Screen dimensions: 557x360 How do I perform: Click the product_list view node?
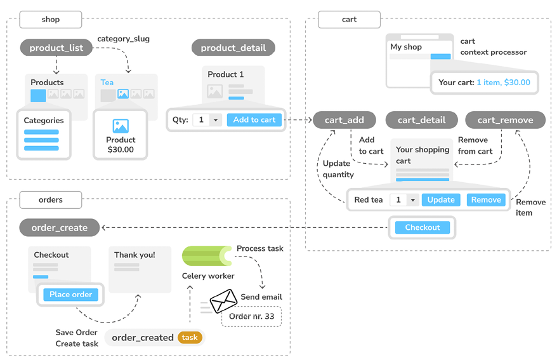click(56, 48)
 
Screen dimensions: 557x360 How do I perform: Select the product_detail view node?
click(233, 48)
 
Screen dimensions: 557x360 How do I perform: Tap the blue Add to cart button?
click(254, 120)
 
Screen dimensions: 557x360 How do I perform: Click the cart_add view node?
click(344, 120)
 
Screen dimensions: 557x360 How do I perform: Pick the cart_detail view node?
click(422, 120)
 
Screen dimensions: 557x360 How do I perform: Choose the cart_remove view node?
click(505, 120)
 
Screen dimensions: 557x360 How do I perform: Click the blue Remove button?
click(486, 200)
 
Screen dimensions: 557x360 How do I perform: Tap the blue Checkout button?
click(423, 227)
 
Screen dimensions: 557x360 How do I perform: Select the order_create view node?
click(60, 227)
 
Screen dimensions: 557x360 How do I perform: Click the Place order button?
click(70, 295)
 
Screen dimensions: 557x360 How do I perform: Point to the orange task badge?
click(190, 337)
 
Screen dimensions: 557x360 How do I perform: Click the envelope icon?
click(223, 301)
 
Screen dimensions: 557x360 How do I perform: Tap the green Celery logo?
click(207, 256)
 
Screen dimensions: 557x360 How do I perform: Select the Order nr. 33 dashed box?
click(251, 316)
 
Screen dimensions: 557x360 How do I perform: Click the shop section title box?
click(51, 20)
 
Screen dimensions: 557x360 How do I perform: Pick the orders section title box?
click(51, 200)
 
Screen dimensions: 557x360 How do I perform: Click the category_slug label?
click(123, 39)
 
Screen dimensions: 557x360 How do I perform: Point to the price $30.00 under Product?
click(121, 150)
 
